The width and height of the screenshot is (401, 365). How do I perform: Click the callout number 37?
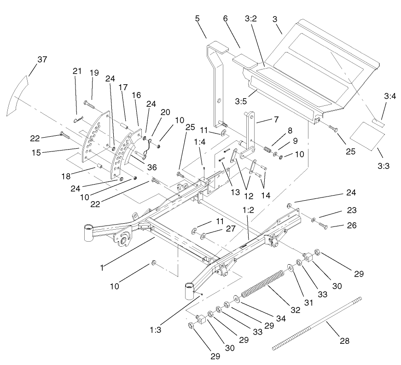42,59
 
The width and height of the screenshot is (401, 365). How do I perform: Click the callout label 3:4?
389,96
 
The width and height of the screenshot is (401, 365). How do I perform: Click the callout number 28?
344,341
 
